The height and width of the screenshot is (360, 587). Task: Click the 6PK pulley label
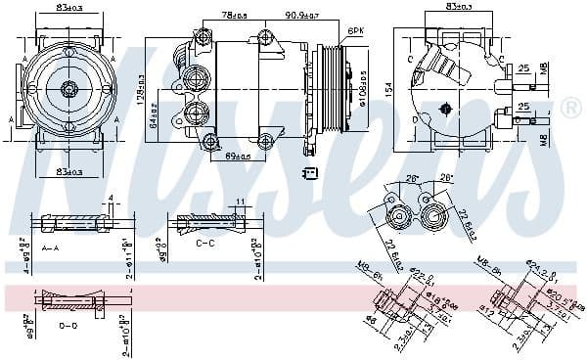pyautogui.click(x=356, y=31)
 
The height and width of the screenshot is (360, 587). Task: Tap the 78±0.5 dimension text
pyautogui.click(x=235, y=16)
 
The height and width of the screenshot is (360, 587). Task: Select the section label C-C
pyautogui.click(x=205, y=242)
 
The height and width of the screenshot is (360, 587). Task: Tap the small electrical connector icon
pyautogui.click(x=310, y=173)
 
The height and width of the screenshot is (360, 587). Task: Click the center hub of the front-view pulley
pyautogui.click(x=69, y=89)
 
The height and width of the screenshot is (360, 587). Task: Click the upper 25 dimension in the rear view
pyautogui.click(x=524, y=68)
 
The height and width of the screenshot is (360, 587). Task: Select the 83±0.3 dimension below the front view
pyautogui.click(x=70, y=172)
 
